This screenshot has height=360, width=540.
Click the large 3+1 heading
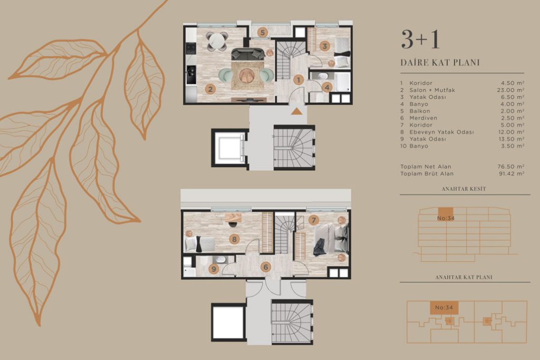[x=420, y=39]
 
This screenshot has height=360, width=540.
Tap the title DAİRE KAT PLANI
[x=440, y=63]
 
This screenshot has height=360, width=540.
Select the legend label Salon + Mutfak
[x=432, y=90]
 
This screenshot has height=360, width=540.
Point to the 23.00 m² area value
[x=511, y=90]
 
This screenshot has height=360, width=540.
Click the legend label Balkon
[x=420, y=111]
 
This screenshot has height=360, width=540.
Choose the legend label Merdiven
[x=423, y=118]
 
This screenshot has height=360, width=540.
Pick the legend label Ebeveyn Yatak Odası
[x=441, y=132]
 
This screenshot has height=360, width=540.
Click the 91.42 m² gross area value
[x=512, y=174]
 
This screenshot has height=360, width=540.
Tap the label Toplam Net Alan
[x=426, y=167]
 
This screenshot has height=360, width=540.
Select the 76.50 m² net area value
[x=511, y=167]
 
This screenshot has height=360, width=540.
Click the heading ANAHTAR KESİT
[x=464, y=189]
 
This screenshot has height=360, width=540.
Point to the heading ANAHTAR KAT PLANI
[x=464, y=277]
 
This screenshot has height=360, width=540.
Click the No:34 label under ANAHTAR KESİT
[x=446, y=218]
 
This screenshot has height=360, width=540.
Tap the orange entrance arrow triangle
[x=296, y=111]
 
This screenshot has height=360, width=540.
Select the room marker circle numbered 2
[x=210, y=90]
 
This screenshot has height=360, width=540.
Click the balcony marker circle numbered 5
[x=263, y=33]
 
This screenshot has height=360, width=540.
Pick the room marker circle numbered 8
[x=234, y=239]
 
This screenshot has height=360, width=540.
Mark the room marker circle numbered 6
[x=266, y=267]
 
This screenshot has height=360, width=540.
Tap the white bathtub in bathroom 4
[x=343, y=82]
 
